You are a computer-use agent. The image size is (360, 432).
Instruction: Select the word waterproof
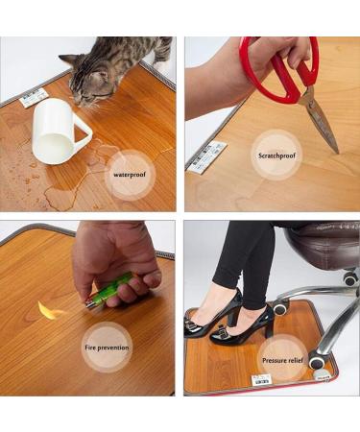[x=131, y=176]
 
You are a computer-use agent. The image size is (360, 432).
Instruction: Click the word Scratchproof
[x=276, y=155]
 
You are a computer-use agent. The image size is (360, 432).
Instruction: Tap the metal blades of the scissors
[x=321, y=120]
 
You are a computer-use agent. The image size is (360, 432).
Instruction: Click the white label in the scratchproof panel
[x=207, y=156]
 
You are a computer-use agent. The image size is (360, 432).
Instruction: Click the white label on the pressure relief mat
[x=260, y=379]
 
